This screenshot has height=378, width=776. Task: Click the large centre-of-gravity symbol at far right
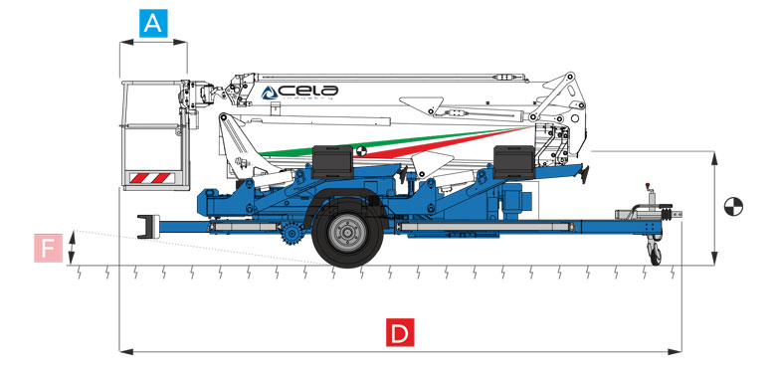[x=733, y=208]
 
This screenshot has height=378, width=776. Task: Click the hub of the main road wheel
[x=344, y=235]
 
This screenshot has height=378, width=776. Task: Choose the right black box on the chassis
[x=514, y=159]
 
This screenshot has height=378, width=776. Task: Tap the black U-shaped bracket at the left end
[x=146, y=226]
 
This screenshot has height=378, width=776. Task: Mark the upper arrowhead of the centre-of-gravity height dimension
[x=715, y=154]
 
